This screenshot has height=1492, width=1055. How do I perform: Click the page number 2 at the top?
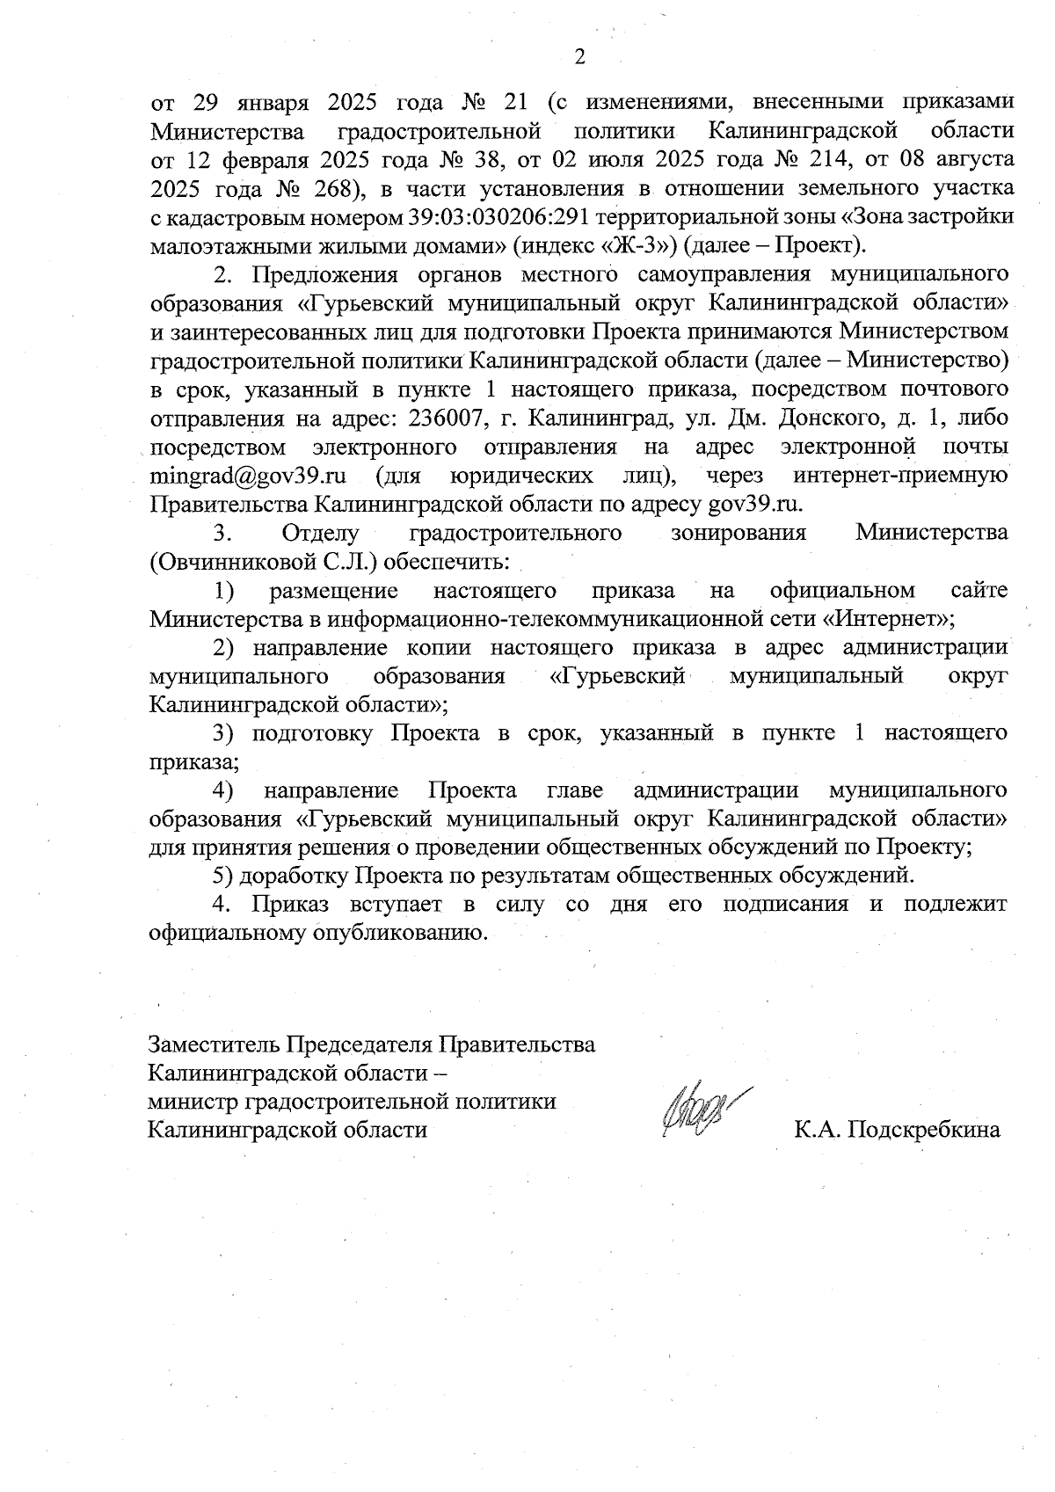[579, 58]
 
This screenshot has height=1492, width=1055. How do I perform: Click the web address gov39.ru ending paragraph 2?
[755, 505]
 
